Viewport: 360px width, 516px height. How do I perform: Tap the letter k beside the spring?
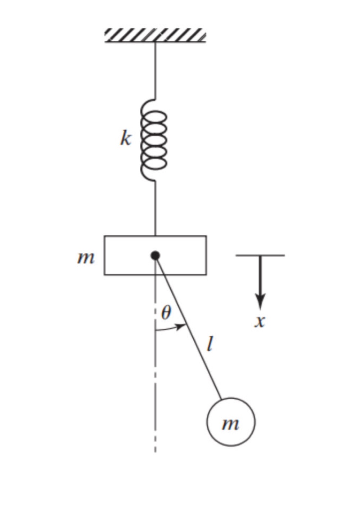pyautogui.click(x=125, y=139)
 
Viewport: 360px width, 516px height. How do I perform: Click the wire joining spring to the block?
pyautogui.click(x=156, y=209)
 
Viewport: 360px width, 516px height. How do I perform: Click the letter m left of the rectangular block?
pyautogui.click(x=86, y=258)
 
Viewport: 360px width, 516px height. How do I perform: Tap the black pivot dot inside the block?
pyautogui.click(x=155, y=255)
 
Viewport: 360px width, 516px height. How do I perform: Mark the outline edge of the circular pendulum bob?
pyautogui.click(x=207, y=422)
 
